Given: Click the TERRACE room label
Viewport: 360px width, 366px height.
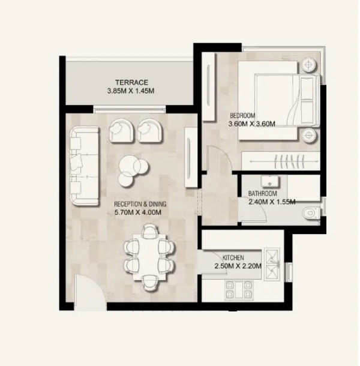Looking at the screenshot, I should (x=132, y=82).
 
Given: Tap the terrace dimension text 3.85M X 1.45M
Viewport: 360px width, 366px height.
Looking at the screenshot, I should (x=131, y=91).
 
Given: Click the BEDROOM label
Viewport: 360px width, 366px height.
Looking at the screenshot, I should (x=243, y=115).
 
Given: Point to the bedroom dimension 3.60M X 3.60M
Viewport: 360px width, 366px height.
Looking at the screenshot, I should (x=252, y=124).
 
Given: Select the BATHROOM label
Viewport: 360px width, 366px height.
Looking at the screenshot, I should (x=263, y=194).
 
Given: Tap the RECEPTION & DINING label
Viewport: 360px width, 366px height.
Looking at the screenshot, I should (x=140, y=205).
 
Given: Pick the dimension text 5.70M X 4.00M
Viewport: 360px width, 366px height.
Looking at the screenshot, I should (x=140, y=212).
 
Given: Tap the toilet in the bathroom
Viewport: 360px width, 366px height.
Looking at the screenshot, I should (x=310, y=212).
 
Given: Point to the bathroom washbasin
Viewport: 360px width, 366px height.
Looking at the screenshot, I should (x=269, y=181).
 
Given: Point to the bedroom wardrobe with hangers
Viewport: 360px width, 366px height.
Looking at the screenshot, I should (x=280, y=160).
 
